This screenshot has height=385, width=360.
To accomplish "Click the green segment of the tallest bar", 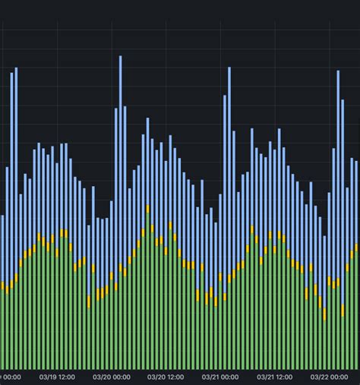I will [120, 319].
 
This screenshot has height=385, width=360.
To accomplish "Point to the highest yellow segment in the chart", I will [147, 209].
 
